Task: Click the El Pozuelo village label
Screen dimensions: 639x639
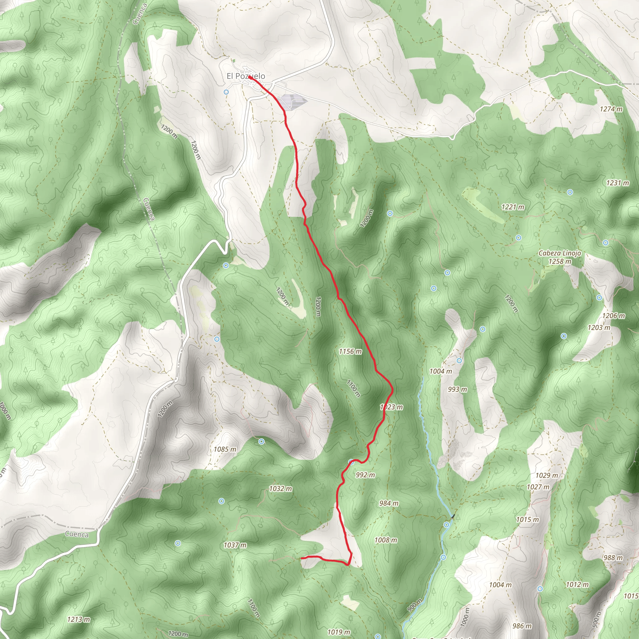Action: (246, 76)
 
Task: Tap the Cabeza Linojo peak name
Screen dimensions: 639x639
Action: (560, 253)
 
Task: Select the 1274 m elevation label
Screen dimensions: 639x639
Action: (611, 109)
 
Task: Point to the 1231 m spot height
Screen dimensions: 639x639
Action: (617, 183)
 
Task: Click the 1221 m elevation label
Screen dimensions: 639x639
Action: (513, 207)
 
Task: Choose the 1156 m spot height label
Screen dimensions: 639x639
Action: (350, 351)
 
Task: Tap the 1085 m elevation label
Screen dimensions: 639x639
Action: (225, 449)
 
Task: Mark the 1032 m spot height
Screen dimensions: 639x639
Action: (280, 489)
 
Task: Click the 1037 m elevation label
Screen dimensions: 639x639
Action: (235, 545)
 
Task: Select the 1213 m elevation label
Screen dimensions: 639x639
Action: (78, 619)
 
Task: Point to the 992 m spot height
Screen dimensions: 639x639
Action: (365, 475)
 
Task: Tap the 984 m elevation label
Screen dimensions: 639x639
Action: (389, 503)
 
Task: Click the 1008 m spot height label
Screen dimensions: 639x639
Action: (386, 540)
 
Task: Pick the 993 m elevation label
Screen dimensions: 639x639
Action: (457, 389)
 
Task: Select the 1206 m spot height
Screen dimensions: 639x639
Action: (613, 315)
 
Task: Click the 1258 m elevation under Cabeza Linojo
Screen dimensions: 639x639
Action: (560, 261)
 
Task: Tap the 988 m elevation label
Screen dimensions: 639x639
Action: (613, 558)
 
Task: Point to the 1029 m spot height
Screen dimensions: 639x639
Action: (546, 475)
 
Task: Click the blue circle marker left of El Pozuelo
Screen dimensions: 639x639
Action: (226, 92)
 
